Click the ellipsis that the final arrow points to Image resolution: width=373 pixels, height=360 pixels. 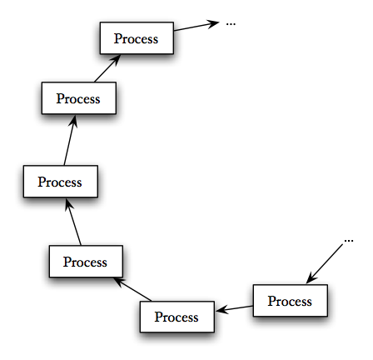pyautogui.click(x=231, y=24)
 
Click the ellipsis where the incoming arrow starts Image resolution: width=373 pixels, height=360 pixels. pyautogui.click(x=349, y=241)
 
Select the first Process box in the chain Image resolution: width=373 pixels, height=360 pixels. pyautogui.click(x=291, y=300)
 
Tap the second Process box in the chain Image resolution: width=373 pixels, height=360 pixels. pyautogui.click(x=177, y=317)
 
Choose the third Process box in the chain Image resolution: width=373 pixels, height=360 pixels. pyautogui.click(x=86, y=261)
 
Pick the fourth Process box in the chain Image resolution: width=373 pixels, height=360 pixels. pyautogui.click(x=61, y=182)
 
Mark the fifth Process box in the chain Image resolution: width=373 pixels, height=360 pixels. pyautogui.click(x=79, y=97)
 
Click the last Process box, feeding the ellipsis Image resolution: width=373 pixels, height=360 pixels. pyautogui.click(x=137, y=38)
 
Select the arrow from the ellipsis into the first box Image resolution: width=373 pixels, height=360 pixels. pyautogui.click(x=325, y=264)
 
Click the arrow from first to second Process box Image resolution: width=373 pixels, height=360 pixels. pyautogui.click(x=235, y=309)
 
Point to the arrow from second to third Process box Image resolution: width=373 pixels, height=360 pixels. pyautogui.click(x=132, y=289)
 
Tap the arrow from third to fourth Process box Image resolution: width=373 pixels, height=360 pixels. pyautogui.click(x=73, y=222)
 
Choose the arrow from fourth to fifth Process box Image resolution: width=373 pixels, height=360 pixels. pyautogui.click(x=70, y=140)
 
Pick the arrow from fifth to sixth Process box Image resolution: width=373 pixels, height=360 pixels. pyautogui.click(x=107, y=68)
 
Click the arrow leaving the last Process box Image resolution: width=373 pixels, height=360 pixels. pyautogui.click(x=196, y=26)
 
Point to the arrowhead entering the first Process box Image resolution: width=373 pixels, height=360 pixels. pyautogui.click(x=311, y=277)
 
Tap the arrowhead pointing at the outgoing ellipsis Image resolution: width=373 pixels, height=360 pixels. pyautogui.click(x=213, y=23)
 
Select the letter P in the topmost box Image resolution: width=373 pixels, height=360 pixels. pyautogui.click(x=118, y=38)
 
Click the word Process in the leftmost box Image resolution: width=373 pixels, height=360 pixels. pyautogui.click(x=60, y=182)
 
